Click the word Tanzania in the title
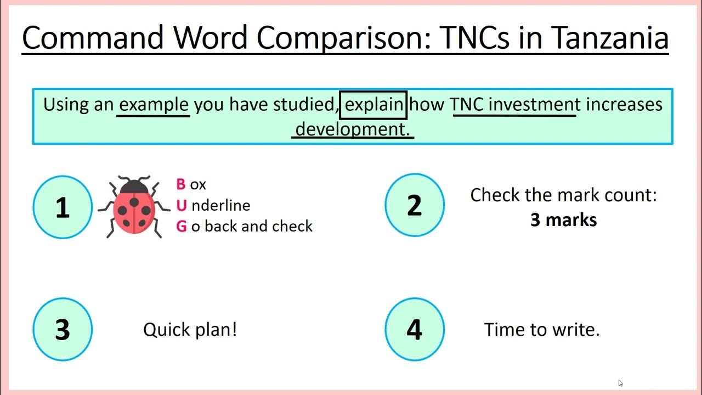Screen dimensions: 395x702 tap(610, 37)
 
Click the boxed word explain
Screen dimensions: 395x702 tap(373, 105)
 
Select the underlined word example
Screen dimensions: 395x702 tap(154, 105)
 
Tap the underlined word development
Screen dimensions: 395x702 tap(352, 129)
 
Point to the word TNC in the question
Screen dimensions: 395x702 tap(467, 104)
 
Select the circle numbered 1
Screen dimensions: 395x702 tap(63, 206)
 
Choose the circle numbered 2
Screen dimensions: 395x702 tap(415, 205)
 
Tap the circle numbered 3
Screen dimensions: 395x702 tap(63, 329)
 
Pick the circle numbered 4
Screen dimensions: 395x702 tap(415, 329)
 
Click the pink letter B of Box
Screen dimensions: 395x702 tap(181, 184)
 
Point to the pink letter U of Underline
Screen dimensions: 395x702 tap(181, 205)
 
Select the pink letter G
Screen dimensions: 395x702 tap(182, 226)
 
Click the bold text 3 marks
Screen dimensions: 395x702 tap(563, 220)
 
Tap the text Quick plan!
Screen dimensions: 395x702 tap(190, 329)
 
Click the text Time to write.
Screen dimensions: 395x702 tap(542, 329)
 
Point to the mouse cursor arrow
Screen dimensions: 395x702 tap(620, 383)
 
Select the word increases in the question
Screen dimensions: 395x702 tap(624, 104)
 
